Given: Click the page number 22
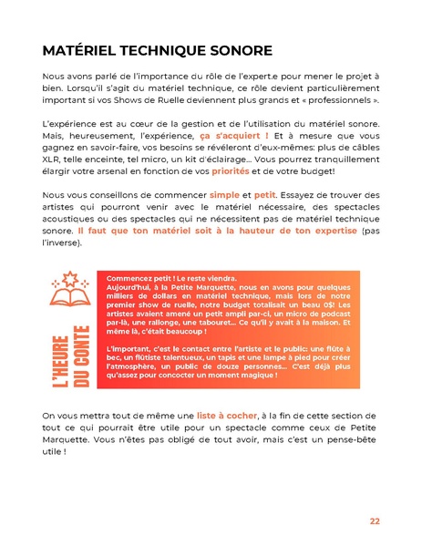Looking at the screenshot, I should (375, 520).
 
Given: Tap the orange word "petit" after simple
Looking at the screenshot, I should (265, 195).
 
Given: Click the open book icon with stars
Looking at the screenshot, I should (69, 288).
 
